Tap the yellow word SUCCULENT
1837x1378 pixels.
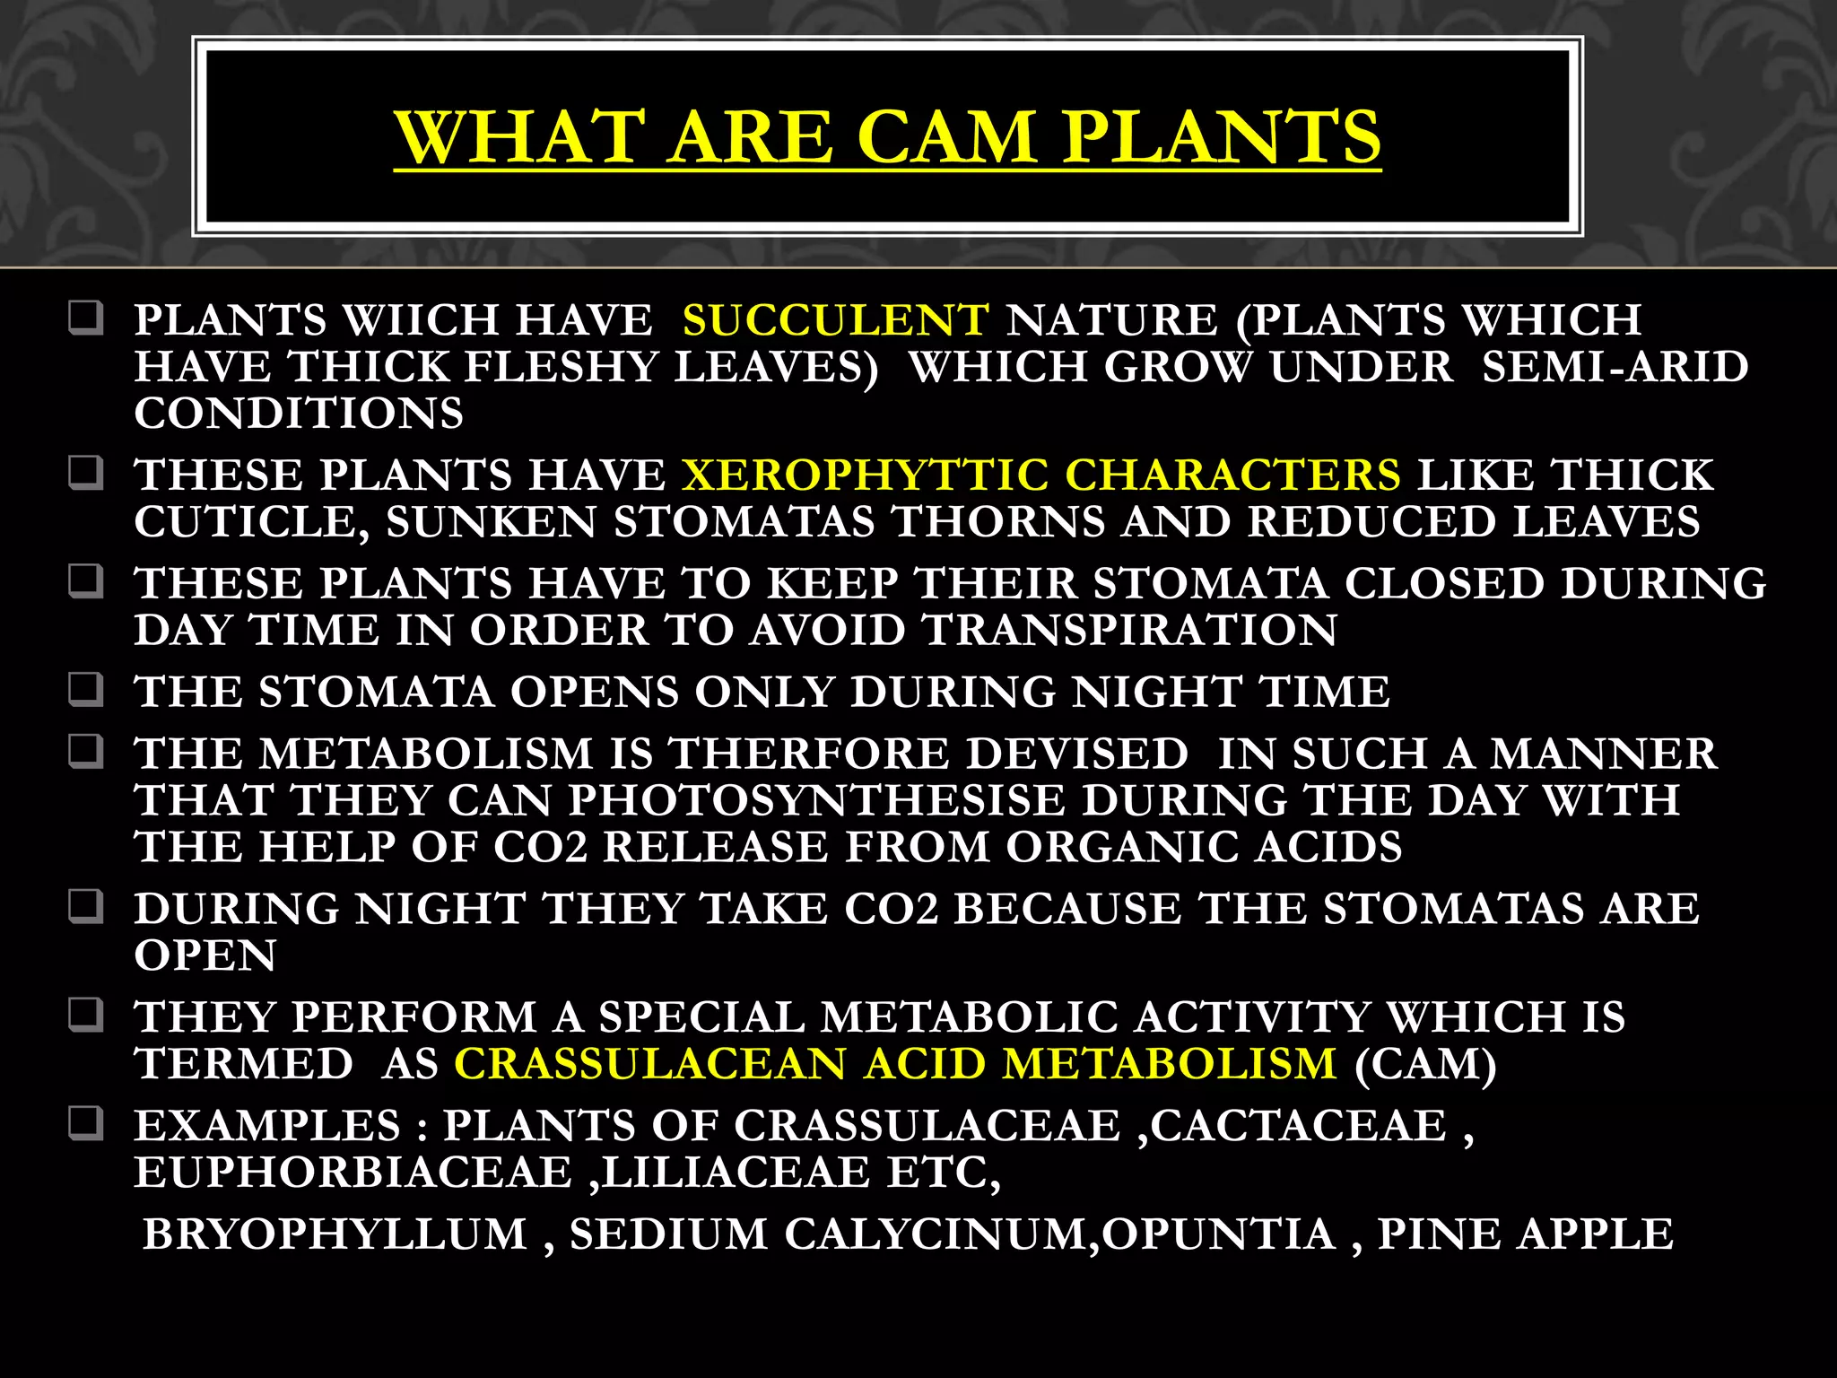835,320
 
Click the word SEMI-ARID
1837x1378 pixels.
1615,367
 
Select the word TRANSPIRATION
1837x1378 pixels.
1129,630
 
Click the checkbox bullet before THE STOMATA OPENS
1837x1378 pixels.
86,691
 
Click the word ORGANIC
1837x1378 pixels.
1120,847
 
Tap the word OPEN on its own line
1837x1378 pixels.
205,955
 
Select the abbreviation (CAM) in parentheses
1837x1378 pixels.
1425,1064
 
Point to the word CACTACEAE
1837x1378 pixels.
1299,1126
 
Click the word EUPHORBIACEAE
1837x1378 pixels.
353,1173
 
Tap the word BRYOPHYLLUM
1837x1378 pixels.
335,1234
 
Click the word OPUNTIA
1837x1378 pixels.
1219,1234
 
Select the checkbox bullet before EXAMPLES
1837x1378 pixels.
86,1124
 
